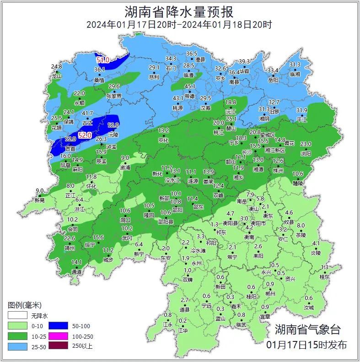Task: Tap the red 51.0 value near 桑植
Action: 102,60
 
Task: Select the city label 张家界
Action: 113,96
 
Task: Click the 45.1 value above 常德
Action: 190,86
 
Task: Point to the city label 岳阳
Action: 273,80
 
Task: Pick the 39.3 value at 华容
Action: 245,62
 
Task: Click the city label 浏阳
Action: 306,154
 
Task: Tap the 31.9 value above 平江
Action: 301,110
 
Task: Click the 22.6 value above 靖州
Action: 69,238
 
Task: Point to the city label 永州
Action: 197,264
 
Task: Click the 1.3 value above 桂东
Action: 325,267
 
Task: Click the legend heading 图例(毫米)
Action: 25,305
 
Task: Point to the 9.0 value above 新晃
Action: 40,191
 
